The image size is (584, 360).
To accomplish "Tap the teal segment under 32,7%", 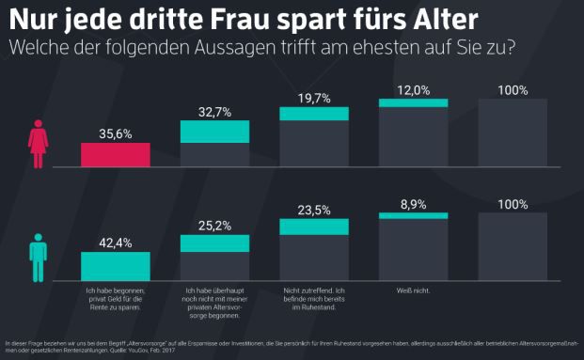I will (214, 132).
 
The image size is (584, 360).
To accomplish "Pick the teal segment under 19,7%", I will (314, 113).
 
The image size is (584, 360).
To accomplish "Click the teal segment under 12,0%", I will (413, 104).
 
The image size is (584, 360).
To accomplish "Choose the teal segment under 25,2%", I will (214, 243).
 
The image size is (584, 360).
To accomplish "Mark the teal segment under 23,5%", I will (314, 227).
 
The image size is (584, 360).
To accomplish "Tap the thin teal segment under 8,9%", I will (413, 215).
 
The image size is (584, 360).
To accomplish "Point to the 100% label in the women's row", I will (512, 90).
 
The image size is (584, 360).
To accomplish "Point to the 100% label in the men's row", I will (512, 204).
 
